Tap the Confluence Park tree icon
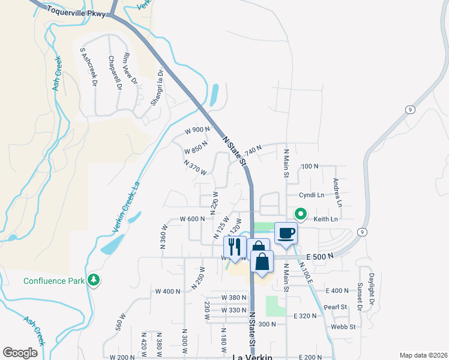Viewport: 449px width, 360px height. (94, 280)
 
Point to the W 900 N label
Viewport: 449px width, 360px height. (197, 130)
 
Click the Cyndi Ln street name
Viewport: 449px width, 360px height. (312, 196)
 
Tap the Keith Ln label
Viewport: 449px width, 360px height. (325, 220)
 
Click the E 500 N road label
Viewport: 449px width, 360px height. (319, 255)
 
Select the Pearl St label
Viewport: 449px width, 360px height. (336, 307)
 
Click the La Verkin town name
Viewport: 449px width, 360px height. (252, 356)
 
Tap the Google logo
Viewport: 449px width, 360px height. (20, 352)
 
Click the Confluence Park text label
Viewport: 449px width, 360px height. (53, 281)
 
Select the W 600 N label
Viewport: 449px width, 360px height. (193, 220)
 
